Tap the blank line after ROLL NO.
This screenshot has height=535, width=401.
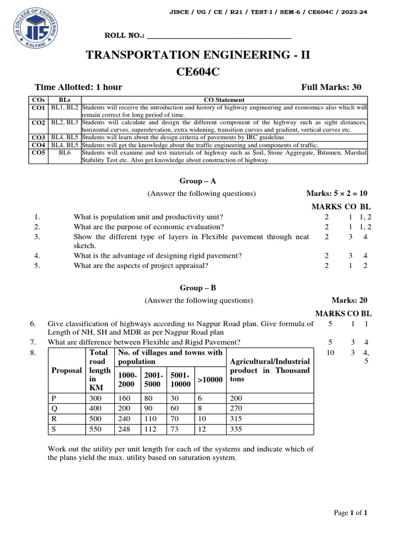pyautogui.click(x=219, y=36)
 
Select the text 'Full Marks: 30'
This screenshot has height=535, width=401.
pyautogui.click(x=331, y=87)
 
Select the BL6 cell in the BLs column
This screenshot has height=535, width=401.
pyautogui.click(x=64, y=153)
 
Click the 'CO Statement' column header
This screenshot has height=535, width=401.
pyautogui.click(x=224, y=100)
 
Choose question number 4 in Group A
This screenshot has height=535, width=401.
pyautogui.click(x=37, y=256)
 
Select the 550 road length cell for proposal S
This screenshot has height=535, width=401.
pyautogui.click(x=97, y=429)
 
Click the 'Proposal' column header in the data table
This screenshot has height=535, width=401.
pyautogui.click(x=66, y=370)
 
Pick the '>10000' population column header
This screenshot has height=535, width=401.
pyautogui.click(x=209, y=380)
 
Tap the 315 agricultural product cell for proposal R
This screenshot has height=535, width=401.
pyautogui.click(x=238, y=418)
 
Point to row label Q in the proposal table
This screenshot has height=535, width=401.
pyautogui.click(x=54, y=408)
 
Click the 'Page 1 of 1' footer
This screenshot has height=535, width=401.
pyautogui.click(x=351, y=513)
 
